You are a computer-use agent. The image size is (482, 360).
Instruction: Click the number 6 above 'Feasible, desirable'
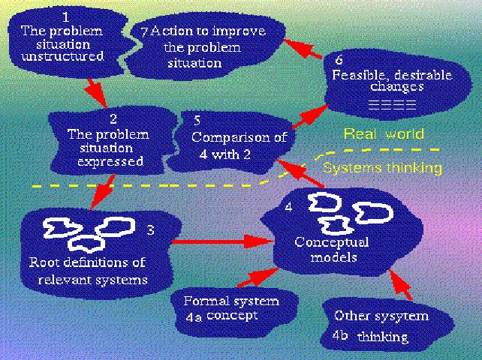[x=339, y=59]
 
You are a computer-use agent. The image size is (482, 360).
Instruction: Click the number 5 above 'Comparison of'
[x=197, y=120]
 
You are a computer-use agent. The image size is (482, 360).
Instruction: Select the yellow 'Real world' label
[x=384, y=134]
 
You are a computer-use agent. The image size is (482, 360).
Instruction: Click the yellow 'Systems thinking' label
[x=381, y=168]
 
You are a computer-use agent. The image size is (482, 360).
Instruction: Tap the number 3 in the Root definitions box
[x=150, y=230]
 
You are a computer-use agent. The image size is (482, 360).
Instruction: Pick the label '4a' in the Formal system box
[x=194, y=316]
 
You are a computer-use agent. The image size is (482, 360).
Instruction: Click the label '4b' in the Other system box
[x=342, y=334]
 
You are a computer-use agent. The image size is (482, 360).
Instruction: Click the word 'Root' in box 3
[x=45, y=263]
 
